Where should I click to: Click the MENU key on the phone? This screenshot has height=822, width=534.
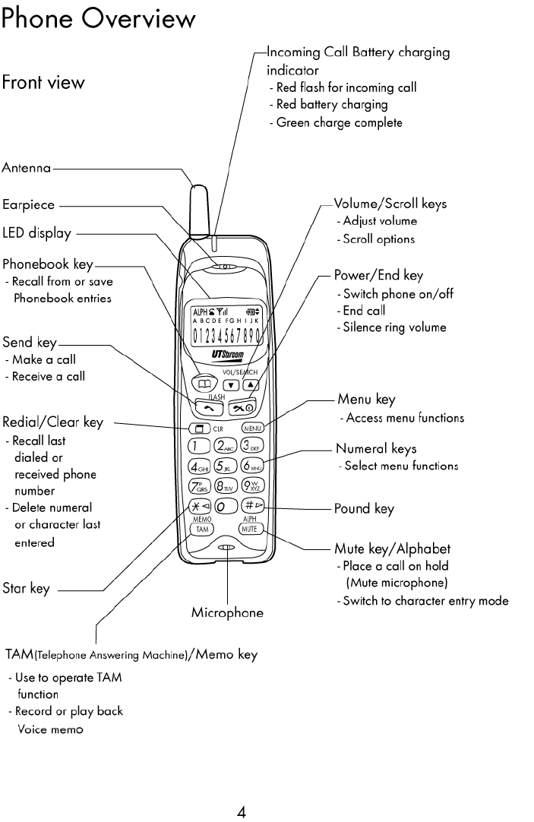253,428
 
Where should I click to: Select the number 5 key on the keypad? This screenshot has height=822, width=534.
226,466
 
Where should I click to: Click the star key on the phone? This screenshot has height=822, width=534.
200,506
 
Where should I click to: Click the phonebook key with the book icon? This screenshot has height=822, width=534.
202,384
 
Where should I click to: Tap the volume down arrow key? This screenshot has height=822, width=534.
231,384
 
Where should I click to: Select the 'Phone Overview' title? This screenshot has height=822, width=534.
99,18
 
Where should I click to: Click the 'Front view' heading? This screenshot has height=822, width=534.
43,81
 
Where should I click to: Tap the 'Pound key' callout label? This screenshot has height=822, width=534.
364,509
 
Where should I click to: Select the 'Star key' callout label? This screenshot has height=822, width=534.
26,588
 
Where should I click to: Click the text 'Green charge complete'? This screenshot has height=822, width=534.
339,122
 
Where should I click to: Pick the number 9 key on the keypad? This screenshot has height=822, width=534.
253,486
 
